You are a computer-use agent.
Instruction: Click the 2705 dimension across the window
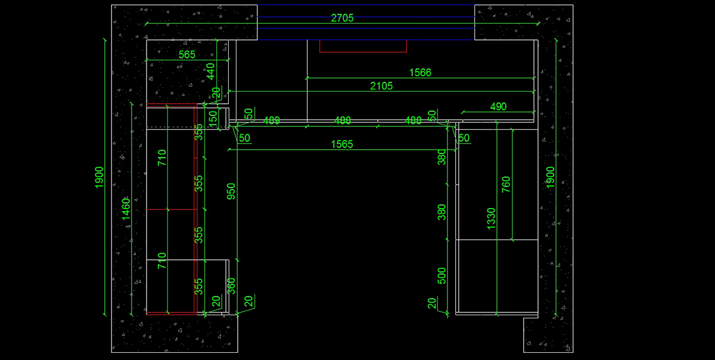point(342,18)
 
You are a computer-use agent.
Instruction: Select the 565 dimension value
point(187,54)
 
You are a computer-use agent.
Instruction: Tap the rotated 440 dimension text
point(210,72)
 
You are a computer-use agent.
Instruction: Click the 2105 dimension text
point(381,86)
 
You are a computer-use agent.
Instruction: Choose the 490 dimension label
point(498,106)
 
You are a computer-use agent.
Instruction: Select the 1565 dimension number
point(342,144)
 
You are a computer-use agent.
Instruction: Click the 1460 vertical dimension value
point(126,209)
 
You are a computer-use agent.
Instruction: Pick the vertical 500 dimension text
point(442,275)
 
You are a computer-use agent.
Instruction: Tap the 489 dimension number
point(272,120)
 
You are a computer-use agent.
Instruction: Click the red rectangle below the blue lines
point(363,46)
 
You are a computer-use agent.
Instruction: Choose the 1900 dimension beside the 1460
point(100,177)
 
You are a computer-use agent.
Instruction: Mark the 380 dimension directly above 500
point(442,212)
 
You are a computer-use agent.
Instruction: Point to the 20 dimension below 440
point(217,94)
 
